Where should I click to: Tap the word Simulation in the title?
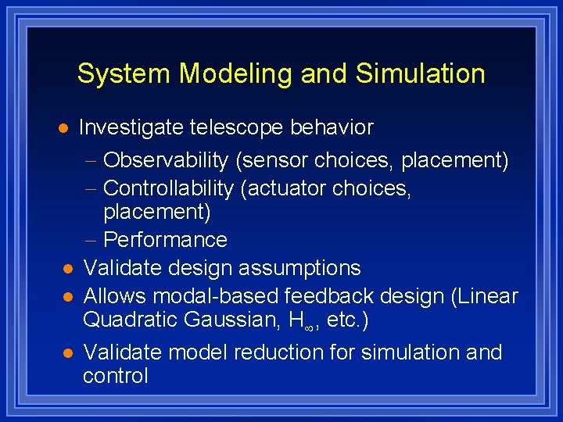[420, 74]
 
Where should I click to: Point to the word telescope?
[239, 127]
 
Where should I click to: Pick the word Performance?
[165, 240]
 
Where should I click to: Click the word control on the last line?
[115, 376]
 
